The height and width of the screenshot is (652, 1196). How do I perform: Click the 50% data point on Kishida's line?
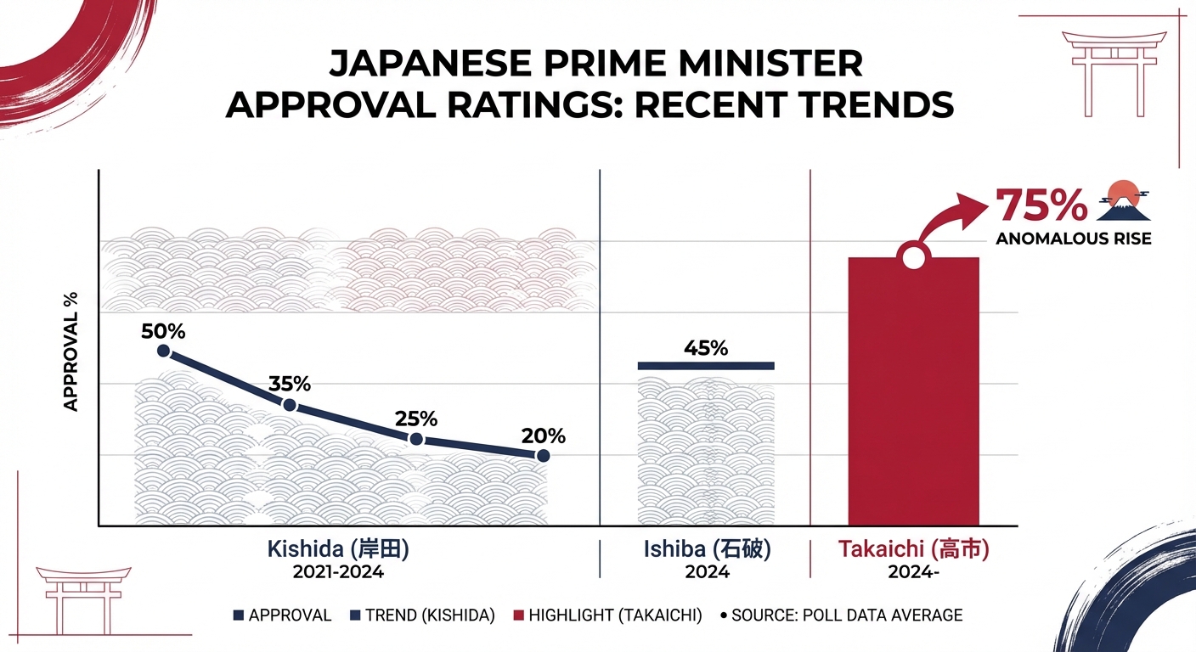coord(164,351)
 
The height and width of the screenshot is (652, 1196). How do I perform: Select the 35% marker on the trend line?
coord(290,405)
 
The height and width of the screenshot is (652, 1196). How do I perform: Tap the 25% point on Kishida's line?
coord(416,439)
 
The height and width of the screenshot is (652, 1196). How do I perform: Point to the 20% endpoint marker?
coord(544,456)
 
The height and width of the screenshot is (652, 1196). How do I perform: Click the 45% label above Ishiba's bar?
coord(706,348)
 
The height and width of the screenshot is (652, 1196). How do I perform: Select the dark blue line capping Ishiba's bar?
coord(706,366)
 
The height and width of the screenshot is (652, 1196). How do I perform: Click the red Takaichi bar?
coord(913,399)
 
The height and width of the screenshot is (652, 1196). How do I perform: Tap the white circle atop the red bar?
coord(913,256)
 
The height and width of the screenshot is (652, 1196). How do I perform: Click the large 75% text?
coord(1041,205)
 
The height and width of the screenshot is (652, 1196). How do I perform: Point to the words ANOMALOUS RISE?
coord(1073,239)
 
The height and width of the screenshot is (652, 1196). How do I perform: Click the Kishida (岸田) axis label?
coord(338,549)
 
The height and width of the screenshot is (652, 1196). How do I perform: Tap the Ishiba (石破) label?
coord(707,549)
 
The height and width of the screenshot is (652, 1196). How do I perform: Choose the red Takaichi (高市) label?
coord(913,549)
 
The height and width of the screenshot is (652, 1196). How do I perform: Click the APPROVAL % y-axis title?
coord(71,352)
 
